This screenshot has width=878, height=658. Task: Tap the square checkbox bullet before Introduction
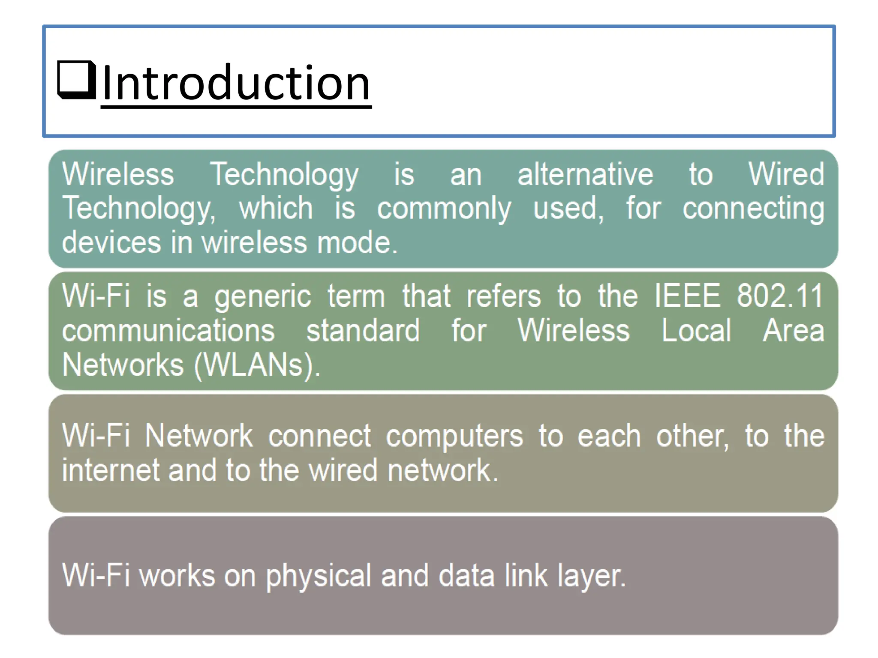[77, 80]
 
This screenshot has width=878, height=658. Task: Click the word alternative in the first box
[585, 174]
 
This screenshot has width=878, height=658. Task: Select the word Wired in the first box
[786, 174]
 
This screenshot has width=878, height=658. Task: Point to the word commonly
[444, 209]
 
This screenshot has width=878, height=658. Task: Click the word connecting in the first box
[753, 209]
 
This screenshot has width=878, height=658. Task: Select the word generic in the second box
[262, 296]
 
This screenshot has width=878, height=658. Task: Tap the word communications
[168, 331]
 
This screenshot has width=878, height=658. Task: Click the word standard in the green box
[363, 331]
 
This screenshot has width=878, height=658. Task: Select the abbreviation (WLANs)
[257, 365]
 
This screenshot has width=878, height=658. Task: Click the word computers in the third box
[454, 437]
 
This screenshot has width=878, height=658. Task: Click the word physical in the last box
[318, 576]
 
